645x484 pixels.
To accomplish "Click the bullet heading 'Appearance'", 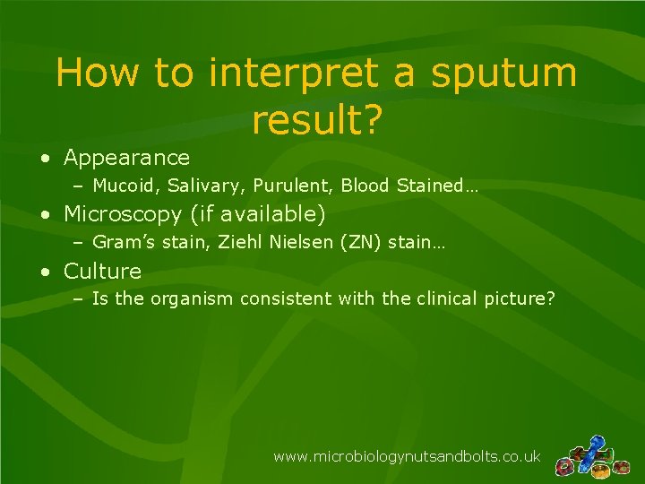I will (x=126, y=158).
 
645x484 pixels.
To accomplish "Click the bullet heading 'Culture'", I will (x=102, y=271).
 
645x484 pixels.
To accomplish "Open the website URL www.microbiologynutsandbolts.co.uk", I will (x=406, y=456).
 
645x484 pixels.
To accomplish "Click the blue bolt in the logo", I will (x=594, y=447).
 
